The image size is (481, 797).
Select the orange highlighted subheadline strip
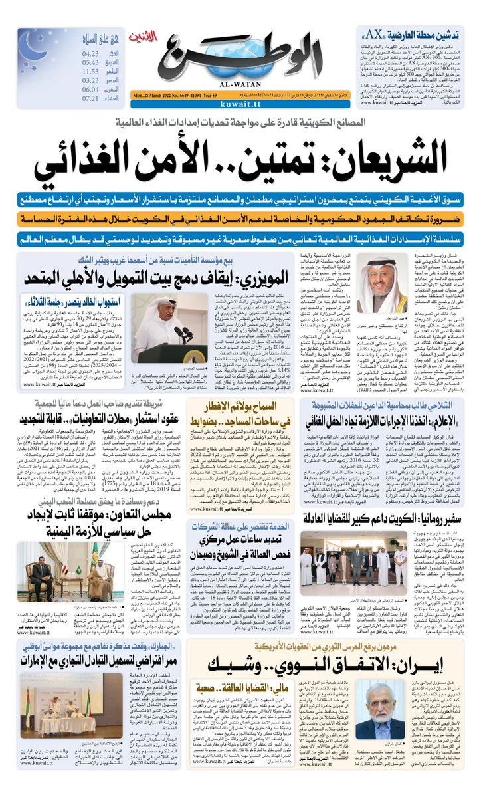coord(240,219)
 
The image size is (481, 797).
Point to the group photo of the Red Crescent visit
coord(359,570)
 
